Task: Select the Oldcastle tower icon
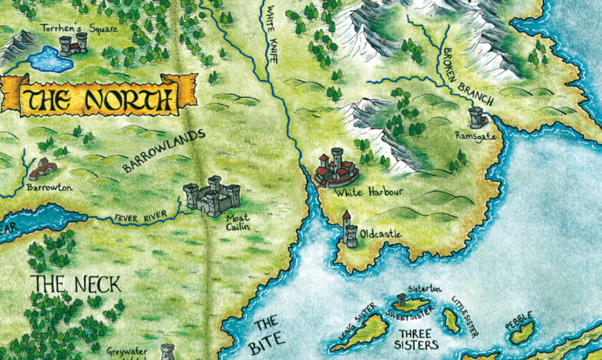tap(349, 230)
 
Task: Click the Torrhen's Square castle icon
tap(74, 44)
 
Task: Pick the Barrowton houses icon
tap(45, 168)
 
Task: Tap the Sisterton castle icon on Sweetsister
tap(402, 298)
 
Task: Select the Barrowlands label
tap(164, 151)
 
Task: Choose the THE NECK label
tap(76, 284)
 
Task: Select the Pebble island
tap(521, 333)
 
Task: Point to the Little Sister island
tap(451, 318)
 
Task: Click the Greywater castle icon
tap(167, 351)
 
